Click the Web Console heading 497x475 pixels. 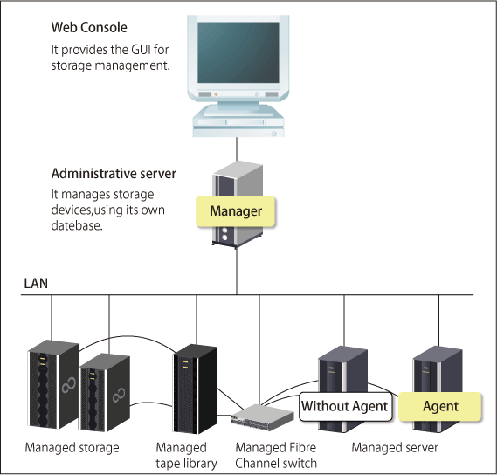pyautogui.click(x=89, y=28)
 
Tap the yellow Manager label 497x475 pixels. pyautogui.click(x=236, y=211)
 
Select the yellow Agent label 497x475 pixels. pyautogui.click(x=440, y=406)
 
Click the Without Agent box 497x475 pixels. pyautogui.click(x=345, y=407)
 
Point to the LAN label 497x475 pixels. pyautogui.click(x=36, y=283)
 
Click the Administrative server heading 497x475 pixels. pyautogui.click(x=114, y=174)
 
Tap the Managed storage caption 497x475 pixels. pyautogui.click(x=72, y=448)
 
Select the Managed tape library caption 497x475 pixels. pyautogui.click(x=186, y=456)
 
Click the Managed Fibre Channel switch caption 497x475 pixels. pyautogui.click(x=276, y=456)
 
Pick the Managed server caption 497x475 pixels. pyautogui.click(x=395, y=448)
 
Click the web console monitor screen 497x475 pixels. pyautogui.click(x=238, y=52)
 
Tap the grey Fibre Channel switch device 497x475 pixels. pyautogui.click(x=262, y=417)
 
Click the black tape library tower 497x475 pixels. pyautogui.click(x=195, y=389)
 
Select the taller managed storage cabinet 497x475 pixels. pyautogui.click(x=53, y=384)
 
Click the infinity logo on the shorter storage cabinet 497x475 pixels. pyautogui.click(x=119, y=395)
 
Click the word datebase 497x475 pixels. pyautogui.click(x=77, y=225)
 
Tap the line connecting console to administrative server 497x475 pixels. pyautogui.click(x=237, y=149)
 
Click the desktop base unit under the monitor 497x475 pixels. pyautogui.click(x=238, y=122)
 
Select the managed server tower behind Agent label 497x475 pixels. pyautogui.click(x=438, y=389)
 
